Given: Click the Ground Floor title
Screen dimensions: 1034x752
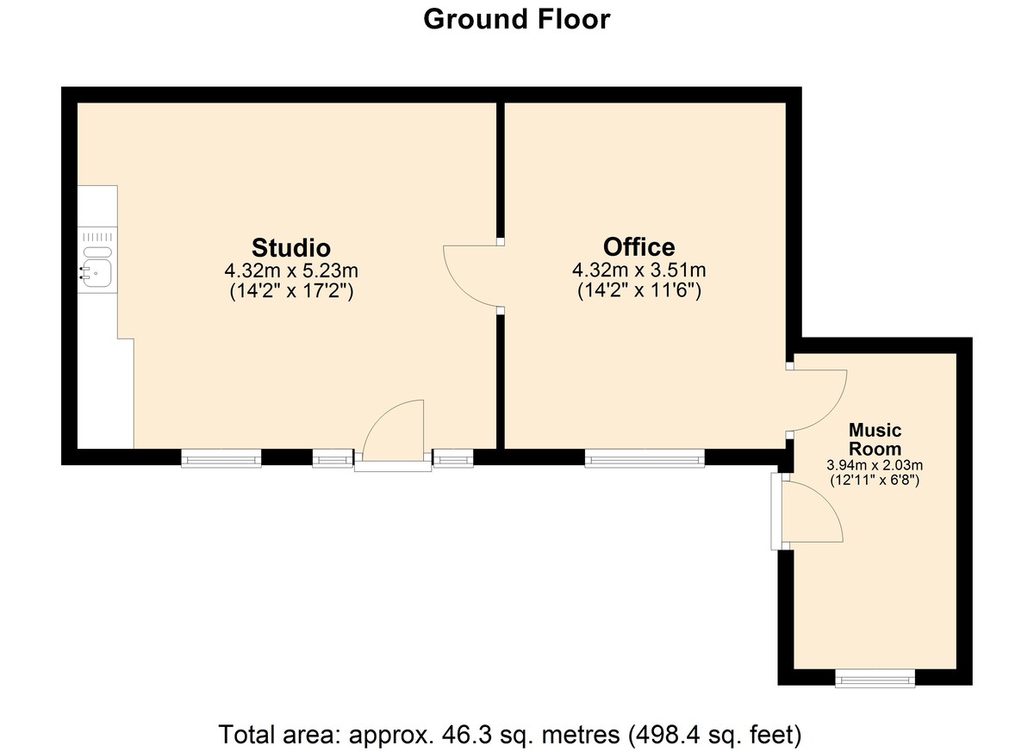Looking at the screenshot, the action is [x=516, y=20].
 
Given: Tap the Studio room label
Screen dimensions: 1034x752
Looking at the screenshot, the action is [x=291, y=248].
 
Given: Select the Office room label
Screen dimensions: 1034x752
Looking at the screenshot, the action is [x=638, y=247].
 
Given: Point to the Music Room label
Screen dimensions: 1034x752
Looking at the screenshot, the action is [x=875, y=439].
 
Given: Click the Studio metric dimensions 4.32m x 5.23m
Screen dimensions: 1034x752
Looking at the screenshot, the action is [x=291, y=270].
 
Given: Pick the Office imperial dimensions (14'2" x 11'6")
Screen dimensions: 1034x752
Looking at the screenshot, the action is [x=639, y=290].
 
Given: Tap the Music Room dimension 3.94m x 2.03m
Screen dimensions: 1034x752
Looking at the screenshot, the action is [x=875, y=464].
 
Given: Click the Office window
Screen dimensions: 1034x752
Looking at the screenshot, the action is [x=645, y=458].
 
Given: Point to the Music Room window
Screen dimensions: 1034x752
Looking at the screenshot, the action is [x=875, y=678].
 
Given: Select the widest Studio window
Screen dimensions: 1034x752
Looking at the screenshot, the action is [x=221, y=458].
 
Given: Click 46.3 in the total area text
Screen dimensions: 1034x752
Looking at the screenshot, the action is [x=462, y=735].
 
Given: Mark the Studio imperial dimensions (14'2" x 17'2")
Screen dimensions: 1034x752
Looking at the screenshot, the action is [x=291, y=291].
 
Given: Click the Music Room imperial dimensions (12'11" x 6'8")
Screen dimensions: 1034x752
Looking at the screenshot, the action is [x=875, y=481].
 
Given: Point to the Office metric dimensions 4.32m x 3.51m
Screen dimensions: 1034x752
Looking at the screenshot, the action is [x=639, y=270].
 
